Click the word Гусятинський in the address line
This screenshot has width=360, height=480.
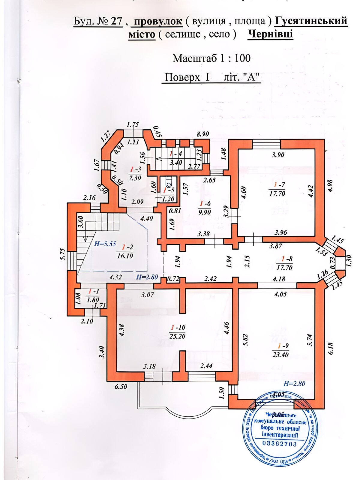coord(311,21)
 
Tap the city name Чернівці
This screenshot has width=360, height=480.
coord(270,34)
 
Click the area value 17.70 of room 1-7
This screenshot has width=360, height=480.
coord(277,194)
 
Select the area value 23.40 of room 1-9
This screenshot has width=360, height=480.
coord(280,355)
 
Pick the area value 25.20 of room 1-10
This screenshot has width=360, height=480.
coord(177,336)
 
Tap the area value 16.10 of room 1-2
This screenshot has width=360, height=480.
coord(125,256)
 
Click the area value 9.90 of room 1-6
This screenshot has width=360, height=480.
coord(205,212)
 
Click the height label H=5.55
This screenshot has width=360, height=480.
coord(105,244)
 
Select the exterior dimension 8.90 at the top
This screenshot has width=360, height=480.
coord(202,134)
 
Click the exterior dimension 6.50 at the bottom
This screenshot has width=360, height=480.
coord(121,387)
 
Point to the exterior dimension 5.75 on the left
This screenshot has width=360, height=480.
coord(62,254)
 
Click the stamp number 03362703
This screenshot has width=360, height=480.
coord(279,444)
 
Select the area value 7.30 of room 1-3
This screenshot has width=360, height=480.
coord(135,178)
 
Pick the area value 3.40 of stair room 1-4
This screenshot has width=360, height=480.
coord(176,163)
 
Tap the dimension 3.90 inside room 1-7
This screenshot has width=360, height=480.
coord(278,155)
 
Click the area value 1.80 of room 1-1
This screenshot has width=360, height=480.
coord(92,300)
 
